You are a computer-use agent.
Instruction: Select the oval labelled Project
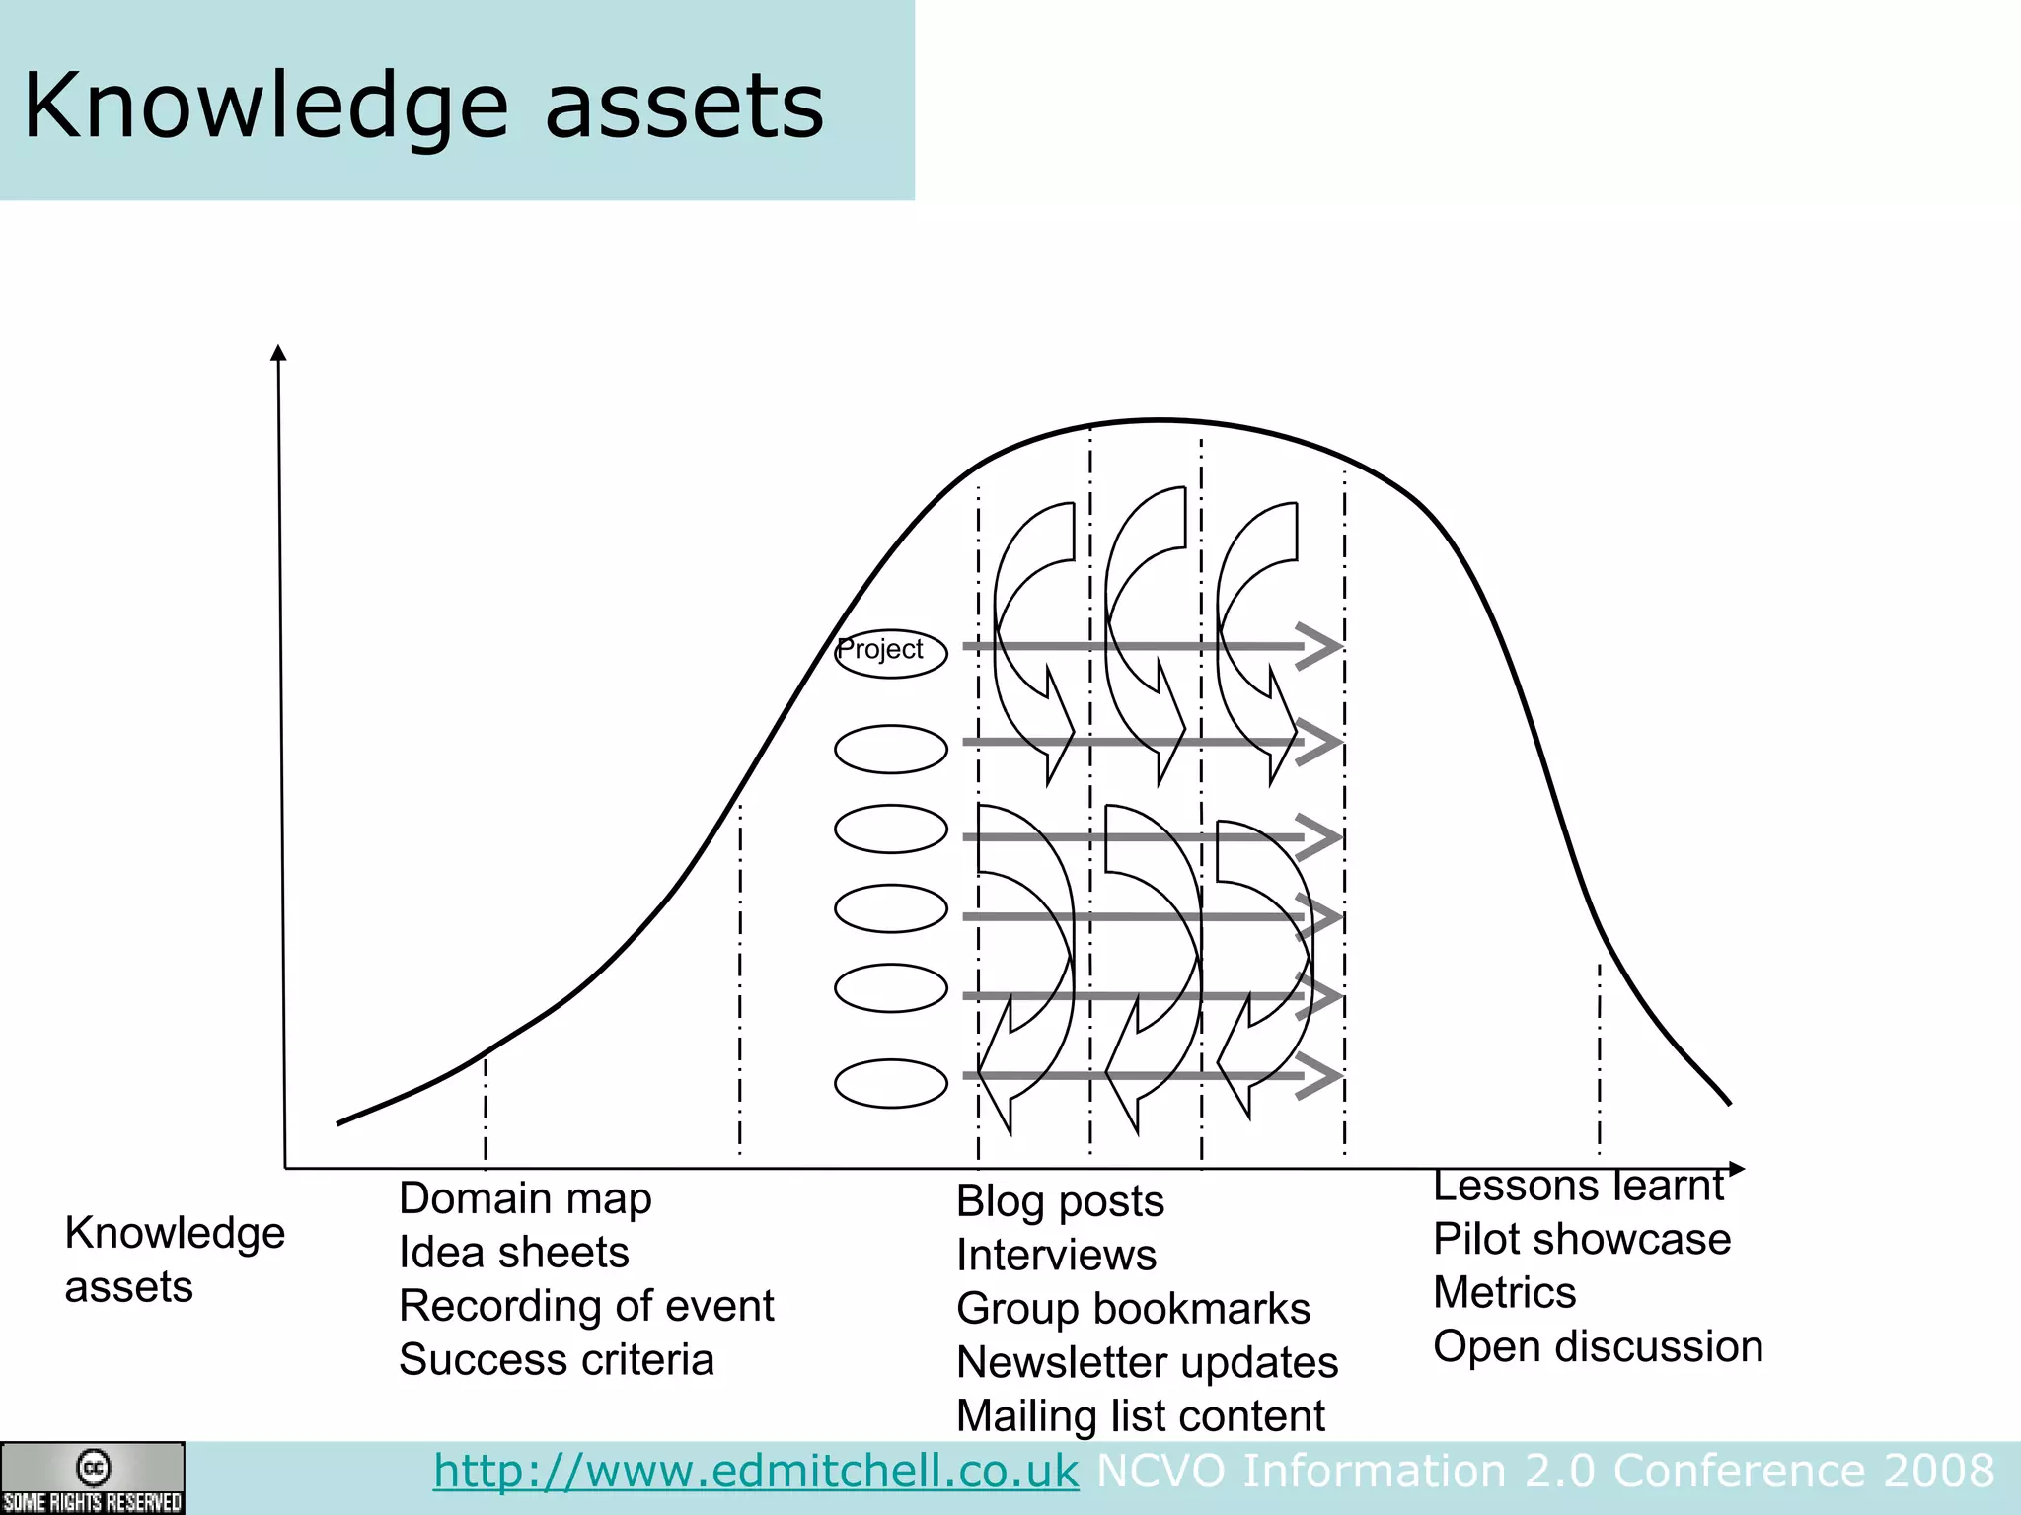[890, 652]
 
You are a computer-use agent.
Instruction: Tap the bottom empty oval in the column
[890, 1083]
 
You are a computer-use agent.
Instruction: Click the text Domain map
[525, 1198]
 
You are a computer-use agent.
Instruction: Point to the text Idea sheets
[513, 1252]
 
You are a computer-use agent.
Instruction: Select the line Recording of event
[586, 1306]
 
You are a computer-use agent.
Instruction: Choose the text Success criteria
[556, 1359]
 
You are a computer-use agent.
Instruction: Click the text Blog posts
[1060, 1201]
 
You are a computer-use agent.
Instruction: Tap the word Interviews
[1056, 1255]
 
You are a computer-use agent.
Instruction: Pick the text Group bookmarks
[1133, 1309]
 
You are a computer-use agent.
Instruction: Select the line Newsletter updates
[1147, 1362]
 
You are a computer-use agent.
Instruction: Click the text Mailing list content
[1140, 1416]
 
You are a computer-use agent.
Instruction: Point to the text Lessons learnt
[1577, 1186]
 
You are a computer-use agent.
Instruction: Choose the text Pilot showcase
[1581, 1239]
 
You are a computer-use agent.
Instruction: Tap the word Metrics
[1504, 1292]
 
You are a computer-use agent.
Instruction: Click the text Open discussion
[1598, 1346]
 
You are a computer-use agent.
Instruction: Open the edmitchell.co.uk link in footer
[756, 1471]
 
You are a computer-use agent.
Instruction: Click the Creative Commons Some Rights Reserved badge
[92, 1478]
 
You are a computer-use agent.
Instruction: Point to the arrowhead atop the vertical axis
[278, 353]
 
